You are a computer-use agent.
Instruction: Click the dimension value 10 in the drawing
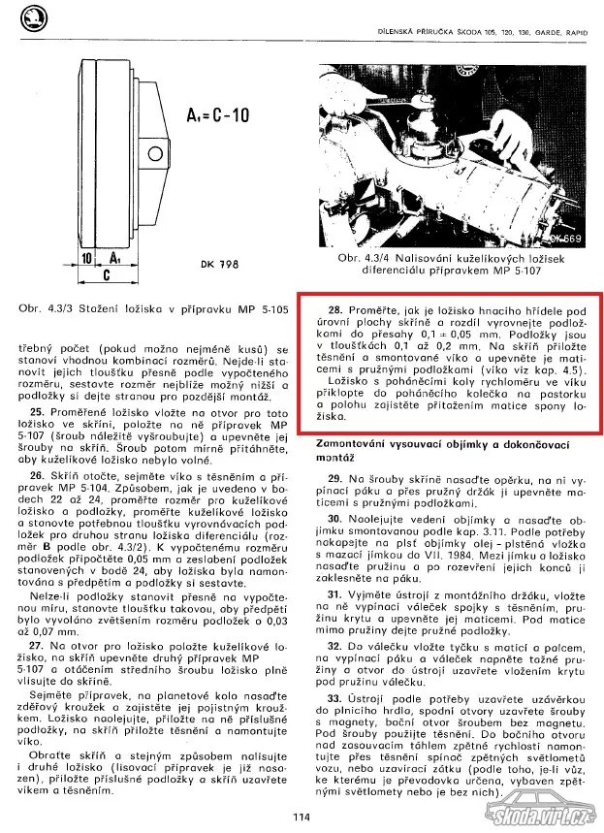tap(87, 259)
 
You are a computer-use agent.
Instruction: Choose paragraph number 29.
tap(334, 478)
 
